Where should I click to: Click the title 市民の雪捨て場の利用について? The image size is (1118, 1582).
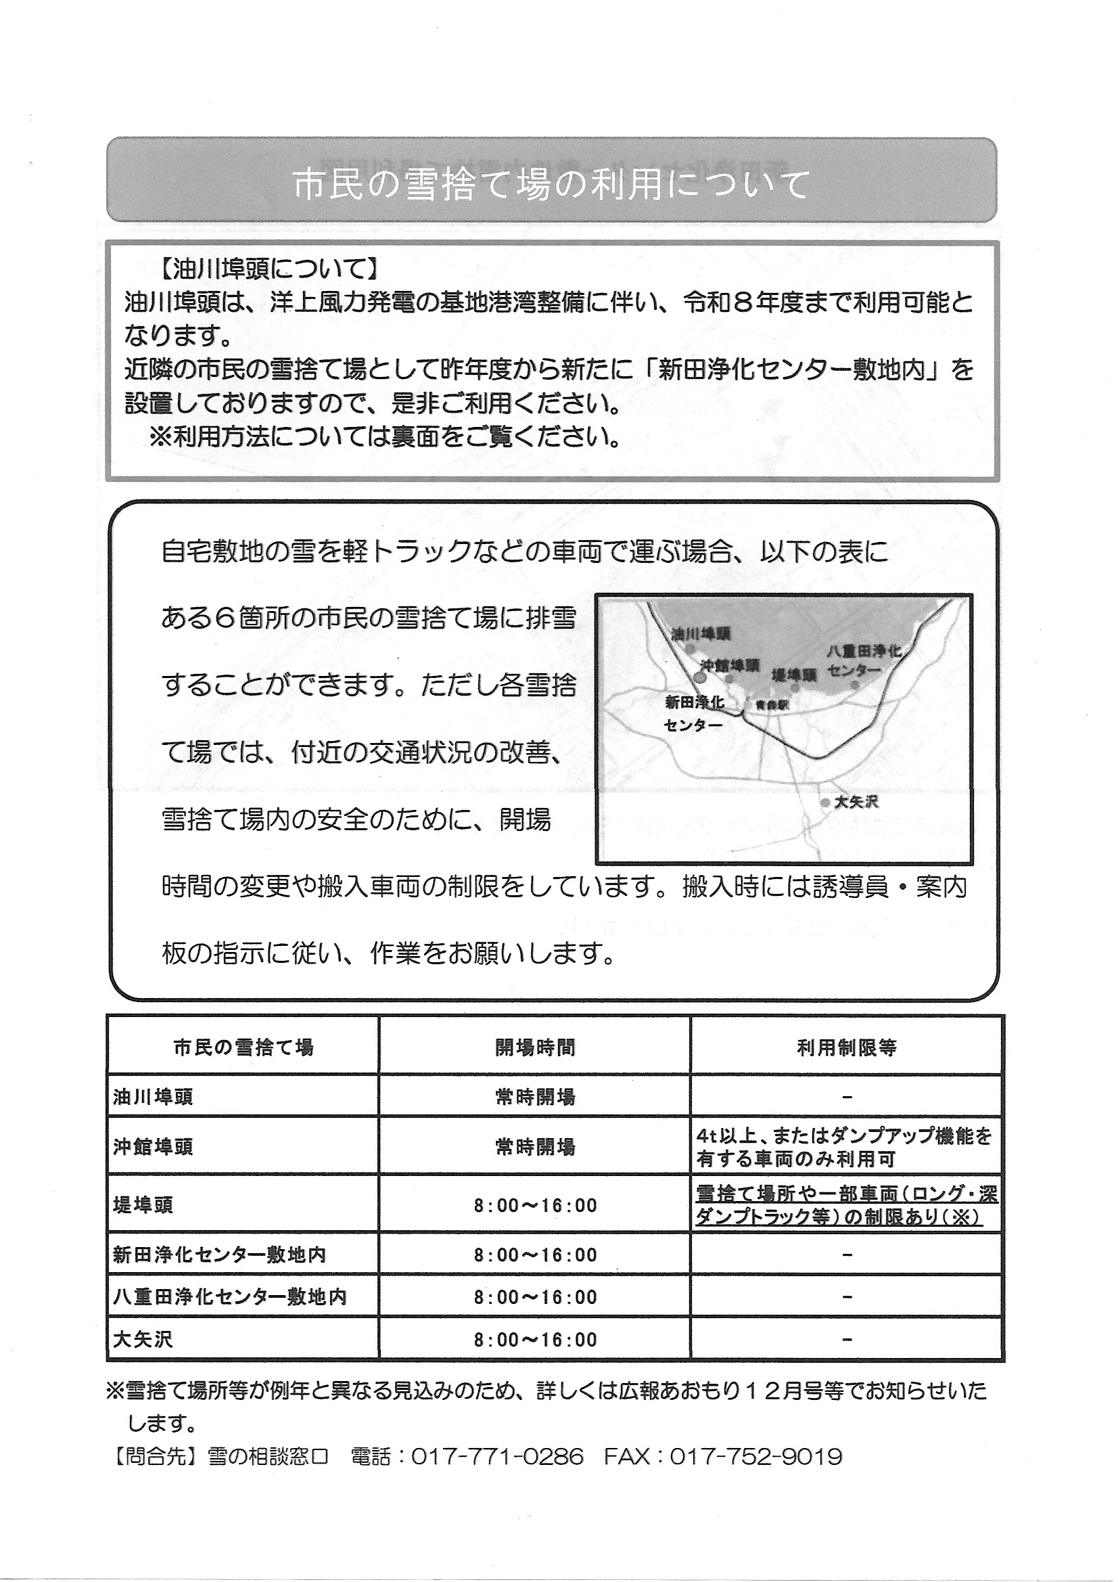click(551, 185)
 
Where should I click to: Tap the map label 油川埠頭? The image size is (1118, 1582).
click(701, 634)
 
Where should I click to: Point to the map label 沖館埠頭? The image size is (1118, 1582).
click(730, 665)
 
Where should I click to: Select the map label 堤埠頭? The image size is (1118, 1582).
click(793, 675)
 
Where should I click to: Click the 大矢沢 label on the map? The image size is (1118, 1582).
click(856, 803)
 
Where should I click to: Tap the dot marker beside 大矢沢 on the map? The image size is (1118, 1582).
click(824, 803)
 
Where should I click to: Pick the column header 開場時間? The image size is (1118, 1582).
click(534, 1049)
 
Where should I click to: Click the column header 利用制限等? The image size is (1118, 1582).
click(847, 1049)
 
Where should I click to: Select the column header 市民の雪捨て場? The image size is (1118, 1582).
click(243, 1049)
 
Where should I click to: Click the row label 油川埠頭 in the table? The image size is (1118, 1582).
click(153, 1098)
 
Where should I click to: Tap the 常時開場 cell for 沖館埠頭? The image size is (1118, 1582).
click(534, 1147)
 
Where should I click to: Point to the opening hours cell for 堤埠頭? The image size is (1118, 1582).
click(534, 1206)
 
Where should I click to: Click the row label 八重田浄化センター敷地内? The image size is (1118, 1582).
click(229, 1297)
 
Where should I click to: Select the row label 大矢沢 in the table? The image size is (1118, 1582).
click(143, 1340)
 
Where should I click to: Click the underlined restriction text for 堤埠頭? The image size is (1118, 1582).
click(847, 1206)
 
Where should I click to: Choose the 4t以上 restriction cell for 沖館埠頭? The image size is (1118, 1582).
click(844, 1147)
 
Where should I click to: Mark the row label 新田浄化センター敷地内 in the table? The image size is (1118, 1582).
click(219, 1255)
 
